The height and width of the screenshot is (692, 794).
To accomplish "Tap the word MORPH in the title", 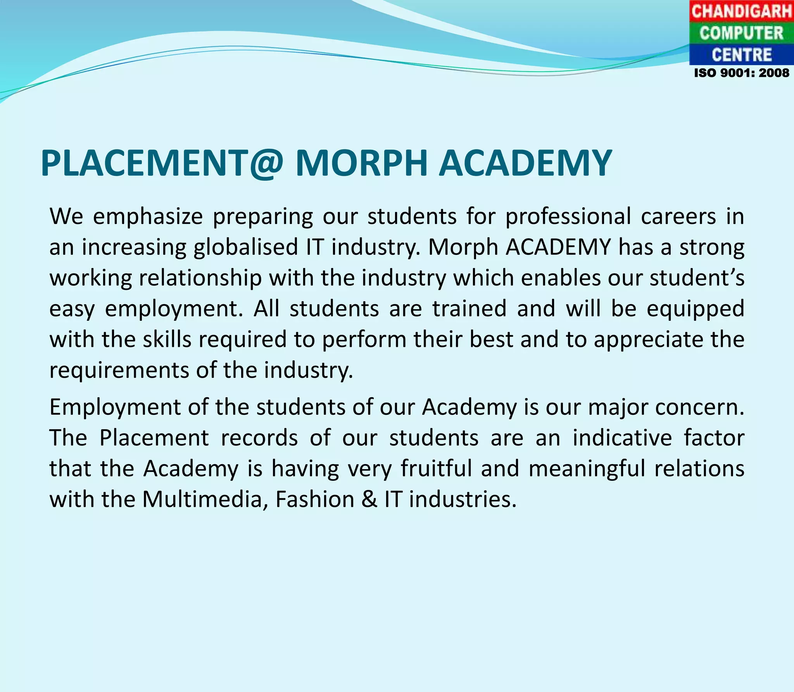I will [361, 164].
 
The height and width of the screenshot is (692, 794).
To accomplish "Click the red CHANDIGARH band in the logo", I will [741, 11].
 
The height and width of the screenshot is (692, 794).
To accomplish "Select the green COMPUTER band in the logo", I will [741, 33].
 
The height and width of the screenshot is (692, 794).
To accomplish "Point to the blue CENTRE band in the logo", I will [741, 55].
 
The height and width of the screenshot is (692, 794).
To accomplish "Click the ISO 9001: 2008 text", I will [741, 73].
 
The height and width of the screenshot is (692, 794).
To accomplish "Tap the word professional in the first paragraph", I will [568, 217].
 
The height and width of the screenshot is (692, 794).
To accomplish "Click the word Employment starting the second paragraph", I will [115, 408].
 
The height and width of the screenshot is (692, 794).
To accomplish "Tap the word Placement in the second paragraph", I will [154, 438].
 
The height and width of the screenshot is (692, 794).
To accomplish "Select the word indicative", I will [622, 438].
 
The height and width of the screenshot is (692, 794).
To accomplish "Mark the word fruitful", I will [436, 469].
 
